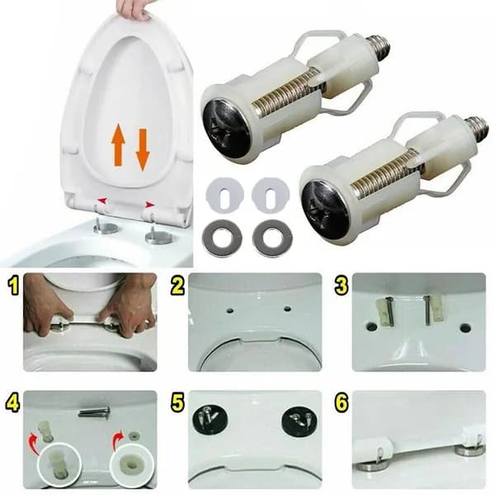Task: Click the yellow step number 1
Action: [x=13, y=286]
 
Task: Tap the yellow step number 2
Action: [x=177, y=286]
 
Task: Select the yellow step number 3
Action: [x=342, y=286]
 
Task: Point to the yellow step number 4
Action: [x=12, y=403]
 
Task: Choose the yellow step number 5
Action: [x=177, y=403]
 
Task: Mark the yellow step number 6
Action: [x=342, y=403]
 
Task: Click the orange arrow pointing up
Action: [x=118, y=144]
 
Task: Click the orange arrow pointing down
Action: [x=143, y=149]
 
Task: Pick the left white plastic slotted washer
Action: [x=224, y=195]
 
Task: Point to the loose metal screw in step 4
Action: [x=94, y=412]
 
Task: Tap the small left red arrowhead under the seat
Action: [x=101, y=200]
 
